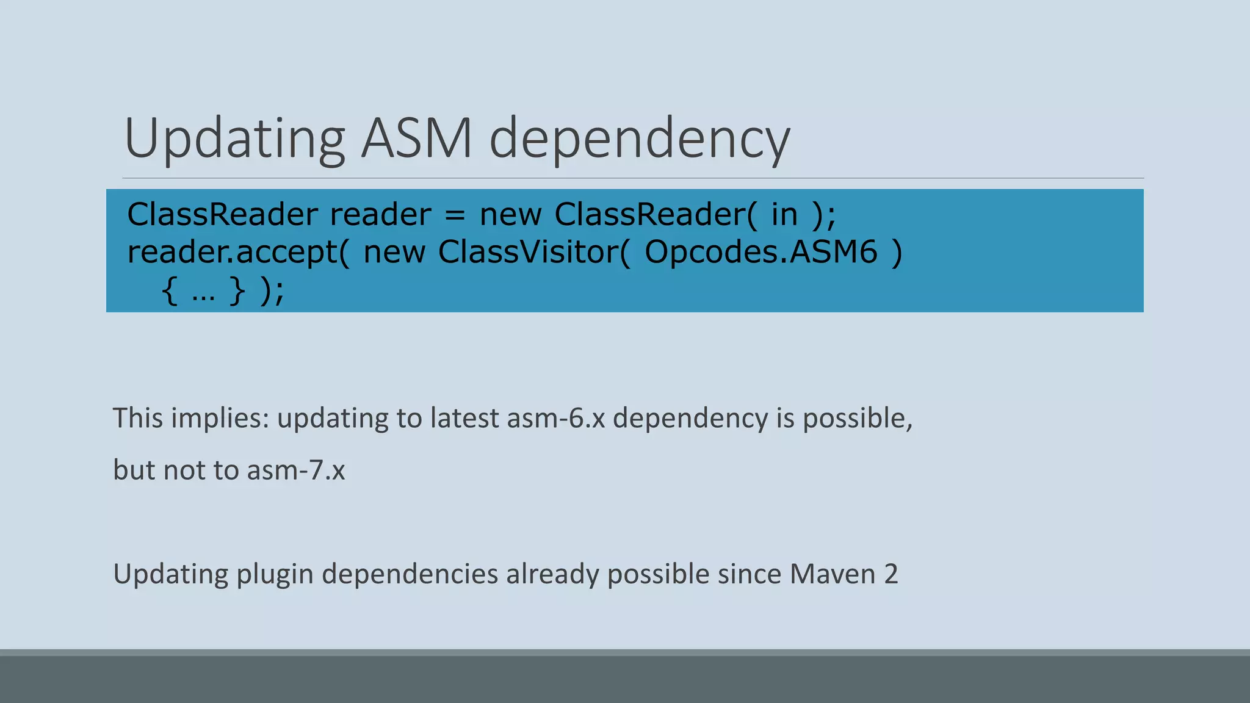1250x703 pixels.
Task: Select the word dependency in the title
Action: coord(640,139)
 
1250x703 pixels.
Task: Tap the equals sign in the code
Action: coord(455,215)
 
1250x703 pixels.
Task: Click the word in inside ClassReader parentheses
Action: coord(784,215)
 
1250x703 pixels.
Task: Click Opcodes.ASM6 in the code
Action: coord(761,252)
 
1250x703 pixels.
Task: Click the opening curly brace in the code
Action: coord(170,291)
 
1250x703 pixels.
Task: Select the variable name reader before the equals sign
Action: coord(380,215)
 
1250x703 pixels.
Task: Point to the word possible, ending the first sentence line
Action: coord(857,419)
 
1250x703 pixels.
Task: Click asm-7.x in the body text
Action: coord(296,470)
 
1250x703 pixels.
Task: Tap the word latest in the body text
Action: coord(464,419)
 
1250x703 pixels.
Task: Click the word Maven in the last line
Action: coord(833,574)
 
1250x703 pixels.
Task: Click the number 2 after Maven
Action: coord(891,574)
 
